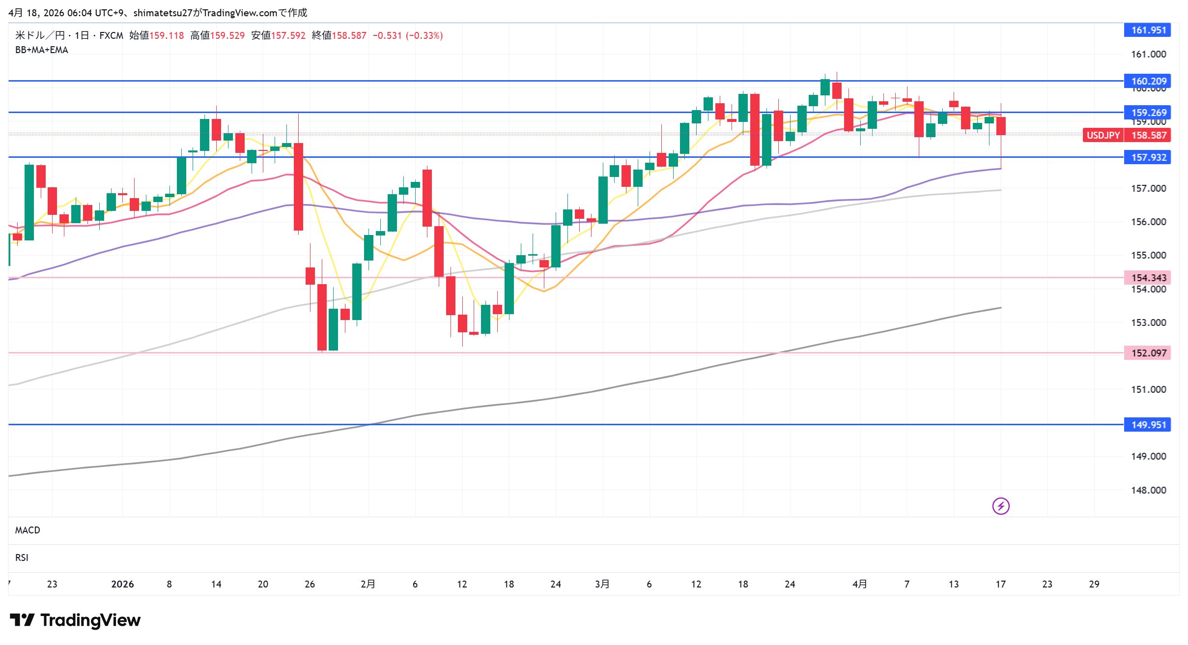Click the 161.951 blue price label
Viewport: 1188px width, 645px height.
(1148, 30)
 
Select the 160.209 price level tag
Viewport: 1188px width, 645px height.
(1148, 81)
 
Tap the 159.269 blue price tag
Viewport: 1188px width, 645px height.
(1148, 113)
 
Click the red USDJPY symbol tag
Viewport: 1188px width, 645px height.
(1103, 135)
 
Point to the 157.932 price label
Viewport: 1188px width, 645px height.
(1148, 157)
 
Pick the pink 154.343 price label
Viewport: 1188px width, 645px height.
(1148, 278)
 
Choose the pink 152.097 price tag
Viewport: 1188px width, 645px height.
(1148, 353)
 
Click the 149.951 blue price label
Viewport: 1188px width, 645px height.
(1148, 425)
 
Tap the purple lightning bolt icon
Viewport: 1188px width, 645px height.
(1001, 506)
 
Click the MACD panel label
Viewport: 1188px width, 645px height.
(28, 530)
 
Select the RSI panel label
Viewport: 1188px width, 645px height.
(22, 557)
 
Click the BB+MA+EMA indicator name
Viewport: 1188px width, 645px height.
(42, 50)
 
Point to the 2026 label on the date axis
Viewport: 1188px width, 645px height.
(122, 584)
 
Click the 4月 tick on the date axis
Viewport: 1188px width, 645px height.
(859, 584)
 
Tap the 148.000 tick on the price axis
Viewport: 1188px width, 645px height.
(1148, 490)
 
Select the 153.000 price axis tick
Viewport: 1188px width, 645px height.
(1148, 322)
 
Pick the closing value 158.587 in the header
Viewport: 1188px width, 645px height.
(349, 35)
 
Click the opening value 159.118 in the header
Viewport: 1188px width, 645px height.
(167, 35)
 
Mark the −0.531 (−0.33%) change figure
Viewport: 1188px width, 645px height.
(408, 35)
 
